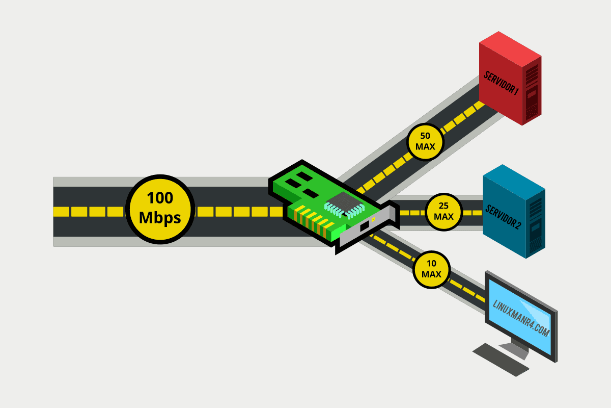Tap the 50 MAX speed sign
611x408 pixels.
425,141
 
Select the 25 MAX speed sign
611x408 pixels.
443,212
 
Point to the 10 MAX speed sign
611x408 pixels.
431,271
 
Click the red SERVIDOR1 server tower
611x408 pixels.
509,82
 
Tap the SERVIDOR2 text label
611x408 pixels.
503,216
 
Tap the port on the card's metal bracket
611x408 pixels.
365,226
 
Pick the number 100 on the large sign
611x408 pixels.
160,198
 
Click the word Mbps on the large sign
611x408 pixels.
160,218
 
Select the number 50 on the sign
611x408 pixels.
425,136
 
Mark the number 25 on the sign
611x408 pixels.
443,207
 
